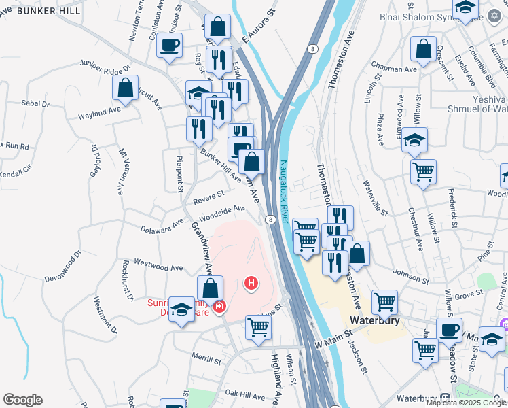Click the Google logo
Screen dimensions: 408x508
click(x=22, y=400)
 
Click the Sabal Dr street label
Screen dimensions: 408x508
click(x=36, y=104)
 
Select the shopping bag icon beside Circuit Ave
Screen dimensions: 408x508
click(x=126, y=88)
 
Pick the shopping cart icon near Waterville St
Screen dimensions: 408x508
click(x=424, y=171)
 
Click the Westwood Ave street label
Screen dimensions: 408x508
click(x=157, y=262)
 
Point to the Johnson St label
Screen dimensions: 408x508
click(x=411, y=277)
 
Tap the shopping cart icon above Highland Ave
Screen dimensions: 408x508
click(x=259, y=328)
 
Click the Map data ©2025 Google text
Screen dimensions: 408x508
click(x=465, y=403)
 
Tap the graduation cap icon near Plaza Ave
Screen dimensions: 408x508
click(x=414, y=141)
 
